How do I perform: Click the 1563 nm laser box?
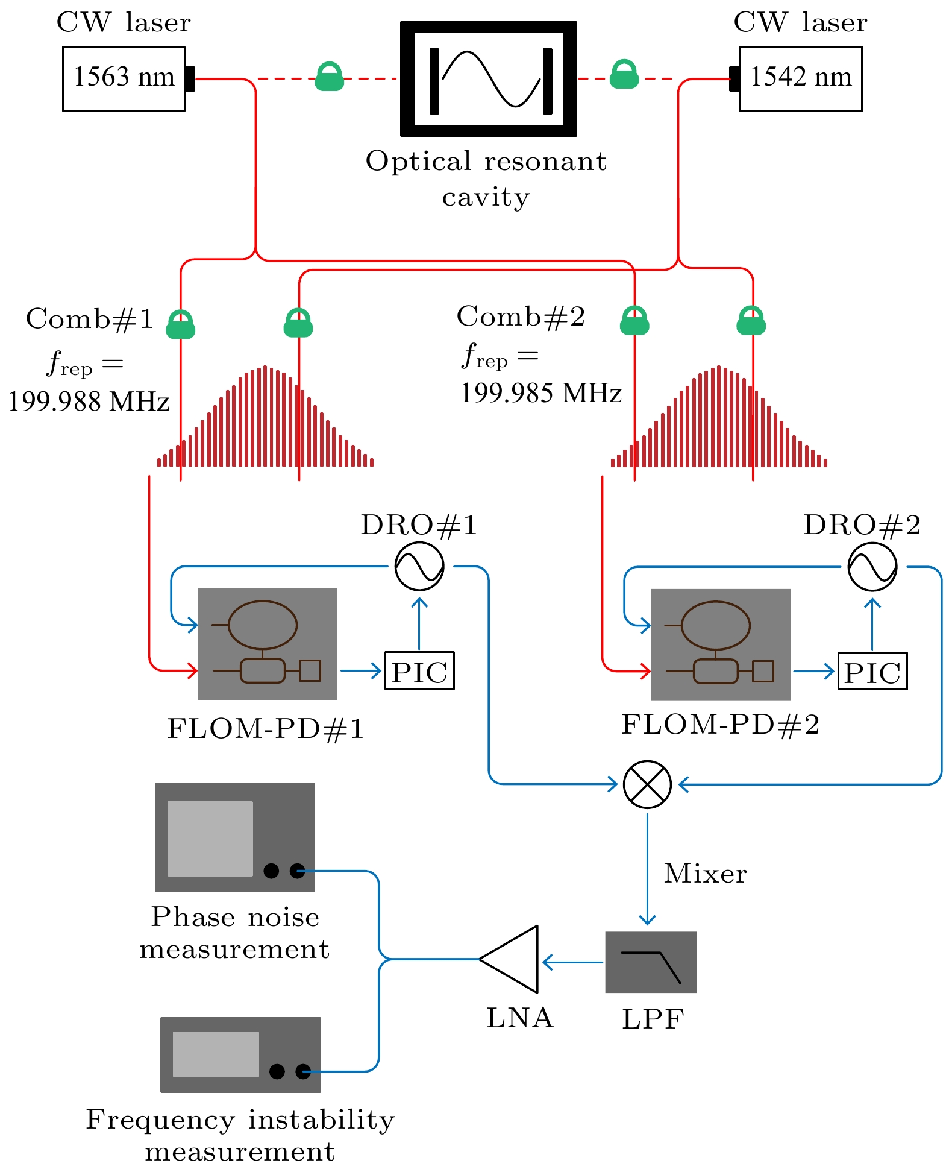[x=124, y=78]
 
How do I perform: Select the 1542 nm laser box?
[x=800, y=78]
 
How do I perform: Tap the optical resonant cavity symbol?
[x=489, y=79]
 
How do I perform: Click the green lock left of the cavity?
[x=330, y=77]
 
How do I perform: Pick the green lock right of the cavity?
[x=624, y=75]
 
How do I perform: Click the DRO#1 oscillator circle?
[x=419, y=567]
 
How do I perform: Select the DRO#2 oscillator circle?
[x=872, y=567]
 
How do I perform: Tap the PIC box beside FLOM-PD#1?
[x=419, y=671]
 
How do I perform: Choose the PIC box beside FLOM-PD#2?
[x=872, y=671]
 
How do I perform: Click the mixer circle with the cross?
[x=647, y=784]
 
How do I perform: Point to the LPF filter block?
[x=651, y=962]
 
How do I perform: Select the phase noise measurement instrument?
[x=235, y=837]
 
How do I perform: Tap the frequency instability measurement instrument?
[x=240, y=1055]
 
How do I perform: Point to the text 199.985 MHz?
[x=541, y=394]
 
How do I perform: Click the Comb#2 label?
[x=521, y=317]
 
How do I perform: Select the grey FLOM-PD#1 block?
[x=268, y=644]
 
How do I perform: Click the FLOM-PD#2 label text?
[x=721, y=725]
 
